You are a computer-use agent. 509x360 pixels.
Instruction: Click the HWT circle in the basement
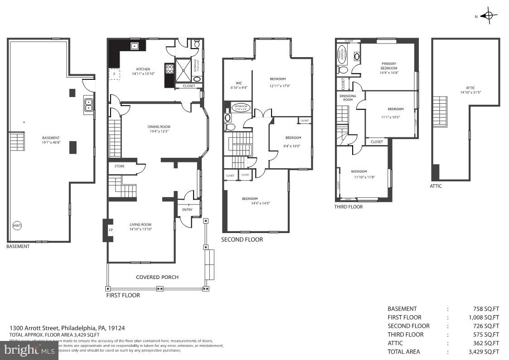tap(17, 226)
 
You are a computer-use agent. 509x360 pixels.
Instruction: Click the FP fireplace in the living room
tap(111, 230)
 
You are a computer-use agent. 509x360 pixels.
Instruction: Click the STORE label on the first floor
tap(119, 166)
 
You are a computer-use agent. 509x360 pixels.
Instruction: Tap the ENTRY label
tap(187, 210)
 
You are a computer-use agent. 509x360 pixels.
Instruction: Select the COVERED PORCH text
tap(157, 277)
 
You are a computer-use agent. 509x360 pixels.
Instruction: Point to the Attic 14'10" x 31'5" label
tap(470, 90)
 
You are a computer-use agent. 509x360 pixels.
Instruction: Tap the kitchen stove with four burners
tap(170, 69)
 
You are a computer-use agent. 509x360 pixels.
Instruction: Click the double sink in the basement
tap(88, 105)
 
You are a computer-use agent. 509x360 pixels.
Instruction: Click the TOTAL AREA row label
tap(403, 351)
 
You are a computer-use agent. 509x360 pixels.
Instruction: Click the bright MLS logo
tap(29, 350)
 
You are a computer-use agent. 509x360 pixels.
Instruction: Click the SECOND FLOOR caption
tap(242, 239)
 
